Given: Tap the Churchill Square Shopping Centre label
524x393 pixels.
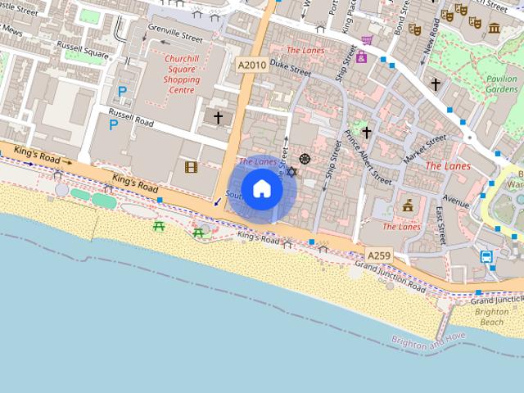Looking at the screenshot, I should (x=182, y=70).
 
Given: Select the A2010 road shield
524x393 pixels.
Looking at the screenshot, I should (x=251, y=64).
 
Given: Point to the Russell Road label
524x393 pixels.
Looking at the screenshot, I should (x=132, y=116).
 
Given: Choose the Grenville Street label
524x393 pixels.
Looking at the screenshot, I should (x=174, y=37).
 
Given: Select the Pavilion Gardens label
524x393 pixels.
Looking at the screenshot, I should (x=501, y=84).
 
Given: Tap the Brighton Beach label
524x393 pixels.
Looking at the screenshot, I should (x=491, y=318).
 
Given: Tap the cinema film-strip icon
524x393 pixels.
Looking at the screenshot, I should (x=191, y=167).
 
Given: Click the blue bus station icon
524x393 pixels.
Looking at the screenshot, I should (x=486, y=257).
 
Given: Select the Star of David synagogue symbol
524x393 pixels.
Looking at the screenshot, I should (x=291, y=173).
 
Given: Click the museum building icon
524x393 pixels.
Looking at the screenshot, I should (x=495, y=29).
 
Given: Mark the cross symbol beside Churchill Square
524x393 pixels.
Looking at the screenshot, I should (x=218, y=118).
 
